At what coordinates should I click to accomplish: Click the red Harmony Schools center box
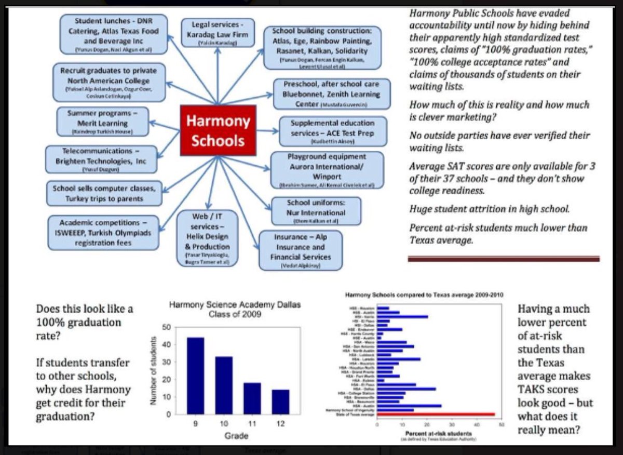tap(218, 130)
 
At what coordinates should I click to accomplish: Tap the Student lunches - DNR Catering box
tap(114, 34)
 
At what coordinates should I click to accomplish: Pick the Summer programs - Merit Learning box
tap(103, 123)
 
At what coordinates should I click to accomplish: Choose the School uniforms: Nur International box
tap(309, 210)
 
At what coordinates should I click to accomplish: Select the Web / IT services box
tap(207, 238)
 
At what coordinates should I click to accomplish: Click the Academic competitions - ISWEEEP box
tap(103, 232)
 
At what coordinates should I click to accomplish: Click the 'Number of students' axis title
tap(154, 371)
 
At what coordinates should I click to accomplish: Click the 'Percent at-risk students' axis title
tap(439, 433)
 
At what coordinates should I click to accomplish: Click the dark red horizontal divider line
tap(504, 259)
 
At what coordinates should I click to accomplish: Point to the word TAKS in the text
tap(531, 390)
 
